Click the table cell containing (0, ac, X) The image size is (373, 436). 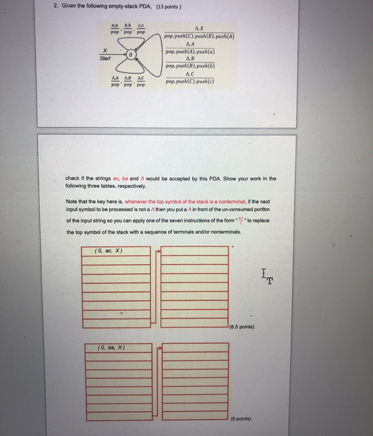click(x=108, y=250)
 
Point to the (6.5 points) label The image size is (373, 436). click(x=242, y=326)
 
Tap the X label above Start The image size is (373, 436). click(x=106, y=50)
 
